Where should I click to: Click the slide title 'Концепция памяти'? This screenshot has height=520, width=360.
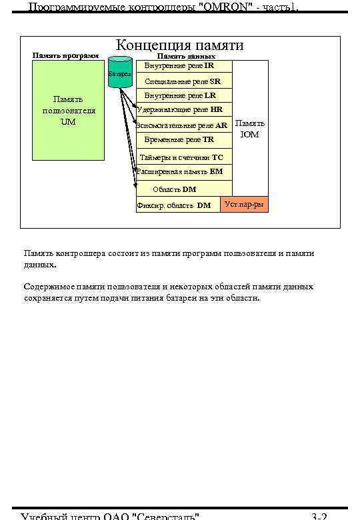[180, 45]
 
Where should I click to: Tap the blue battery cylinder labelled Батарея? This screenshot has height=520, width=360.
[120, 75]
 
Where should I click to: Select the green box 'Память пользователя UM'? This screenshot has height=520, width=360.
[69, 111]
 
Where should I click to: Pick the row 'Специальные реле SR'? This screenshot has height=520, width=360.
[183, 81]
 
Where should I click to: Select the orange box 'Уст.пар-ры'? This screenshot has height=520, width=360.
[244, 204]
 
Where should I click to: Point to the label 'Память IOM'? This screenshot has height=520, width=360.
[250, 129]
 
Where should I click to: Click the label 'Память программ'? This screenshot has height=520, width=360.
[65, 55]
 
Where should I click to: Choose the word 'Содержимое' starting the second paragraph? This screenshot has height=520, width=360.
[47, 287]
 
